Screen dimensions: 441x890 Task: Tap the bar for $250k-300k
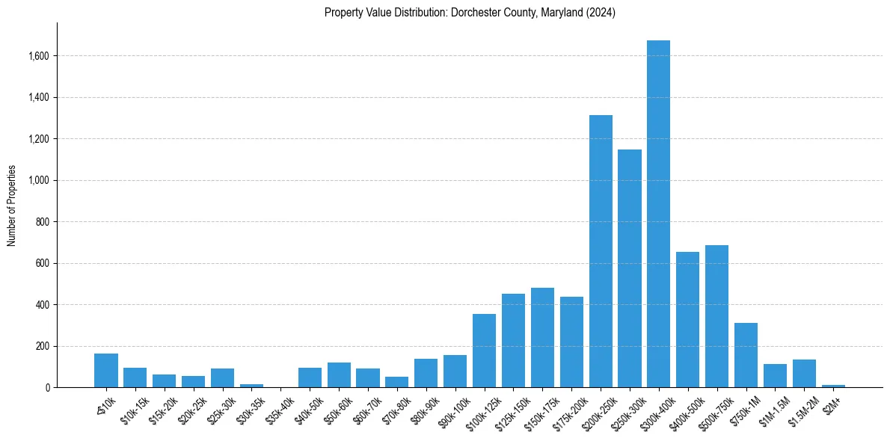pyautogui.click(x=630, y=268)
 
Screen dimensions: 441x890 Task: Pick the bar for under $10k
pyautogui.click(x=106, y=371)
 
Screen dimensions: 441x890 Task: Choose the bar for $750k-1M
pyautogui.click(x=746, y=355)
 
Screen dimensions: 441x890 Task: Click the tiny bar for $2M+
pyautogui.click(x=833, y=386)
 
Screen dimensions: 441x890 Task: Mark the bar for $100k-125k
pyautogui.click(x=484, y=351)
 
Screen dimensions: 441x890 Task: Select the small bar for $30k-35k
pyautogui.click(x=251, y=386)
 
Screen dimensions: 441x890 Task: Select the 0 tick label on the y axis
pyautogui.click(x=47, y=388)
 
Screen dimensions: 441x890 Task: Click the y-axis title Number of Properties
pyautogui.click(x=12, y=206)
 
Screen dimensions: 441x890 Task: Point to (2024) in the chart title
pyautogui.click(x=601, y=13)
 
